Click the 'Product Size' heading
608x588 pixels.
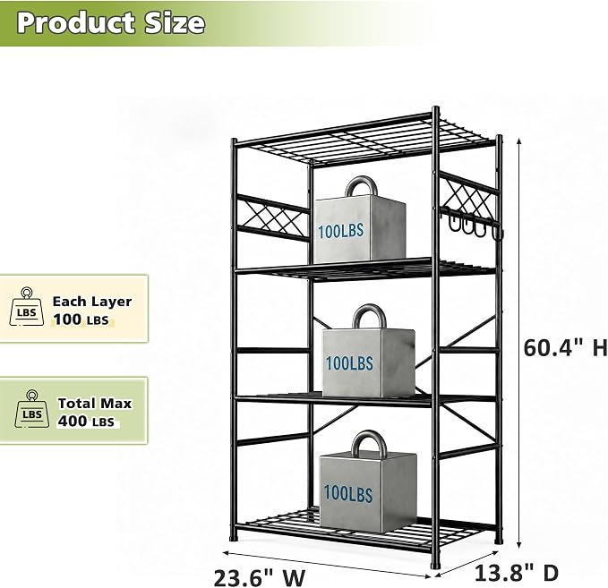point(111,23)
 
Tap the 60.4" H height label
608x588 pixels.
point(565,347)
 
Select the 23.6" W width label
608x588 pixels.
point(260,578)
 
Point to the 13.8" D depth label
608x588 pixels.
point(517,573)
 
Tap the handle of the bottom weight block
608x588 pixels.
point(369,443)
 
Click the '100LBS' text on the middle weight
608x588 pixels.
point(349,363)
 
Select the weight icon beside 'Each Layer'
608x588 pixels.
point(26,306)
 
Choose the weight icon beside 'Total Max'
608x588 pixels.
point(32,409)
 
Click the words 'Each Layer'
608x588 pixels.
point(92,302)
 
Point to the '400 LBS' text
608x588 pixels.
point(86,422)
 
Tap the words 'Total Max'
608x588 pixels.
point(95,403)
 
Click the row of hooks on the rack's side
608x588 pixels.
point(472,223)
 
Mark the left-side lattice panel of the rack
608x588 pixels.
point(273,217)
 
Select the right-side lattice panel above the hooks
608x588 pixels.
point(469,195)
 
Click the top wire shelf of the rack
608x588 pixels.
point(364,140)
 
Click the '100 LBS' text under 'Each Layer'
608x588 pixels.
point(81,320)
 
